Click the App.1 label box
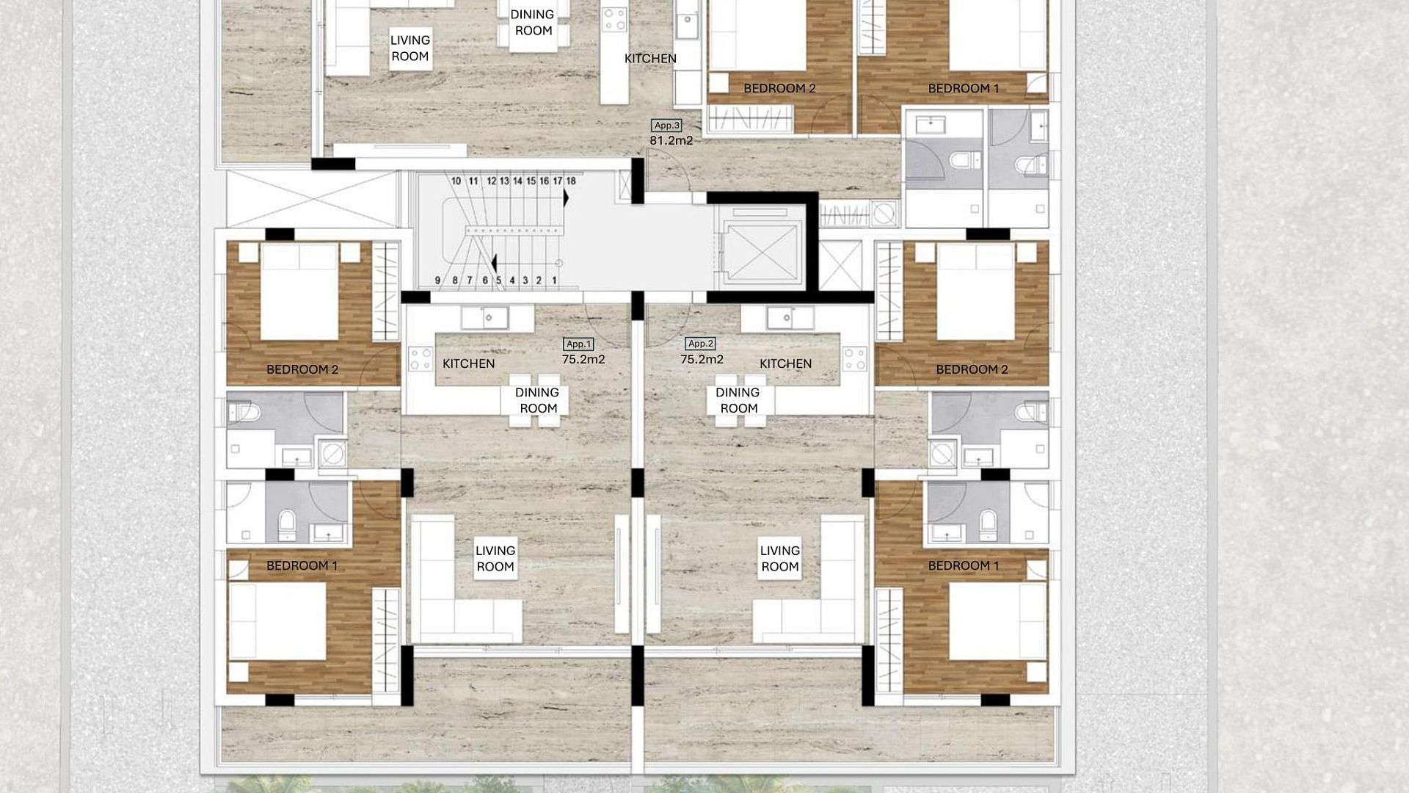578,344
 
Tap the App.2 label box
700,343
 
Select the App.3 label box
666,125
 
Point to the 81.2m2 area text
671,140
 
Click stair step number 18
571,181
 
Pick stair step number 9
438,280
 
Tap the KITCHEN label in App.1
468,363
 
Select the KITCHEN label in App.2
785,363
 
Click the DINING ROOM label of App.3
533,22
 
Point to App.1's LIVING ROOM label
495,558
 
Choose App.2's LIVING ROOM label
780,558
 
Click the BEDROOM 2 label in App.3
779,88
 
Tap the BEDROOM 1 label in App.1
302,565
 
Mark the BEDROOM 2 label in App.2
972,369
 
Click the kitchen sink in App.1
485,318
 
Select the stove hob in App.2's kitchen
855,359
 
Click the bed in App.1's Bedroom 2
299,292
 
